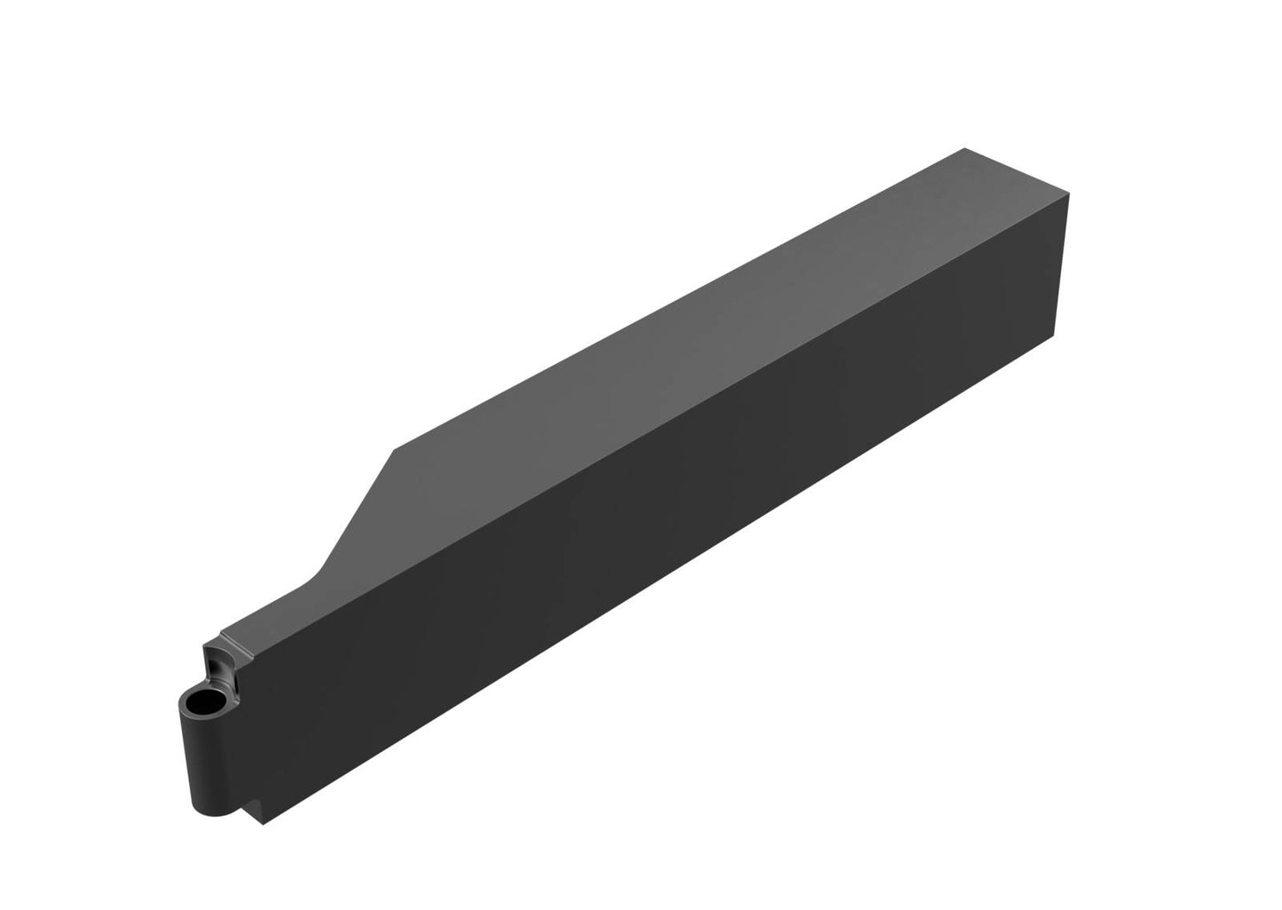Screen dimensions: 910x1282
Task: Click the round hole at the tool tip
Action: point(207,703)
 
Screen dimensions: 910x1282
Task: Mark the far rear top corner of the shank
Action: point(963,149)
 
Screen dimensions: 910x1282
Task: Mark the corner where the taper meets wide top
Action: point(391,451)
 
